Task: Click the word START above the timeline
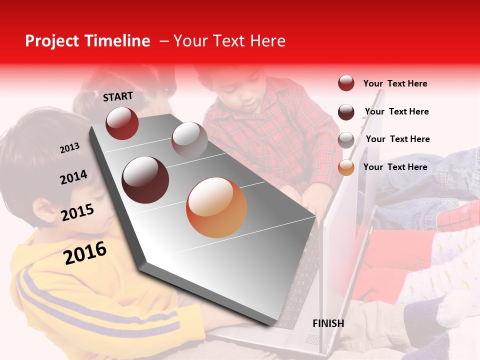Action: (118, 96)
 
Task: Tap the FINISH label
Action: (328, 323)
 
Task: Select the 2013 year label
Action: (69, 148)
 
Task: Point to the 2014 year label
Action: (73, 177)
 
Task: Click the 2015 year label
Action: (77, 212)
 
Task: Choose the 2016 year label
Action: (85, 252)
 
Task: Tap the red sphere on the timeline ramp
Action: (122, 123)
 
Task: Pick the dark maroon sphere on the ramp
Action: (145, 180)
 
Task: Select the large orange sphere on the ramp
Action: (216, 207)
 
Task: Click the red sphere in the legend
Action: (346, 83)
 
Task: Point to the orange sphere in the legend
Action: (346, 167)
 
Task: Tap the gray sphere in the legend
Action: (346, 139)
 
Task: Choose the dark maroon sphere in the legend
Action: (346, 111)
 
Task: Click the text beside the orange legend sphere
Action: (395, 167)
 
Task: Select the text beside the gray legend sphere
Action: (397, 139)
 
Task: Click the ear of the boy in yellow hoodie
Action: (44, 210)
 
